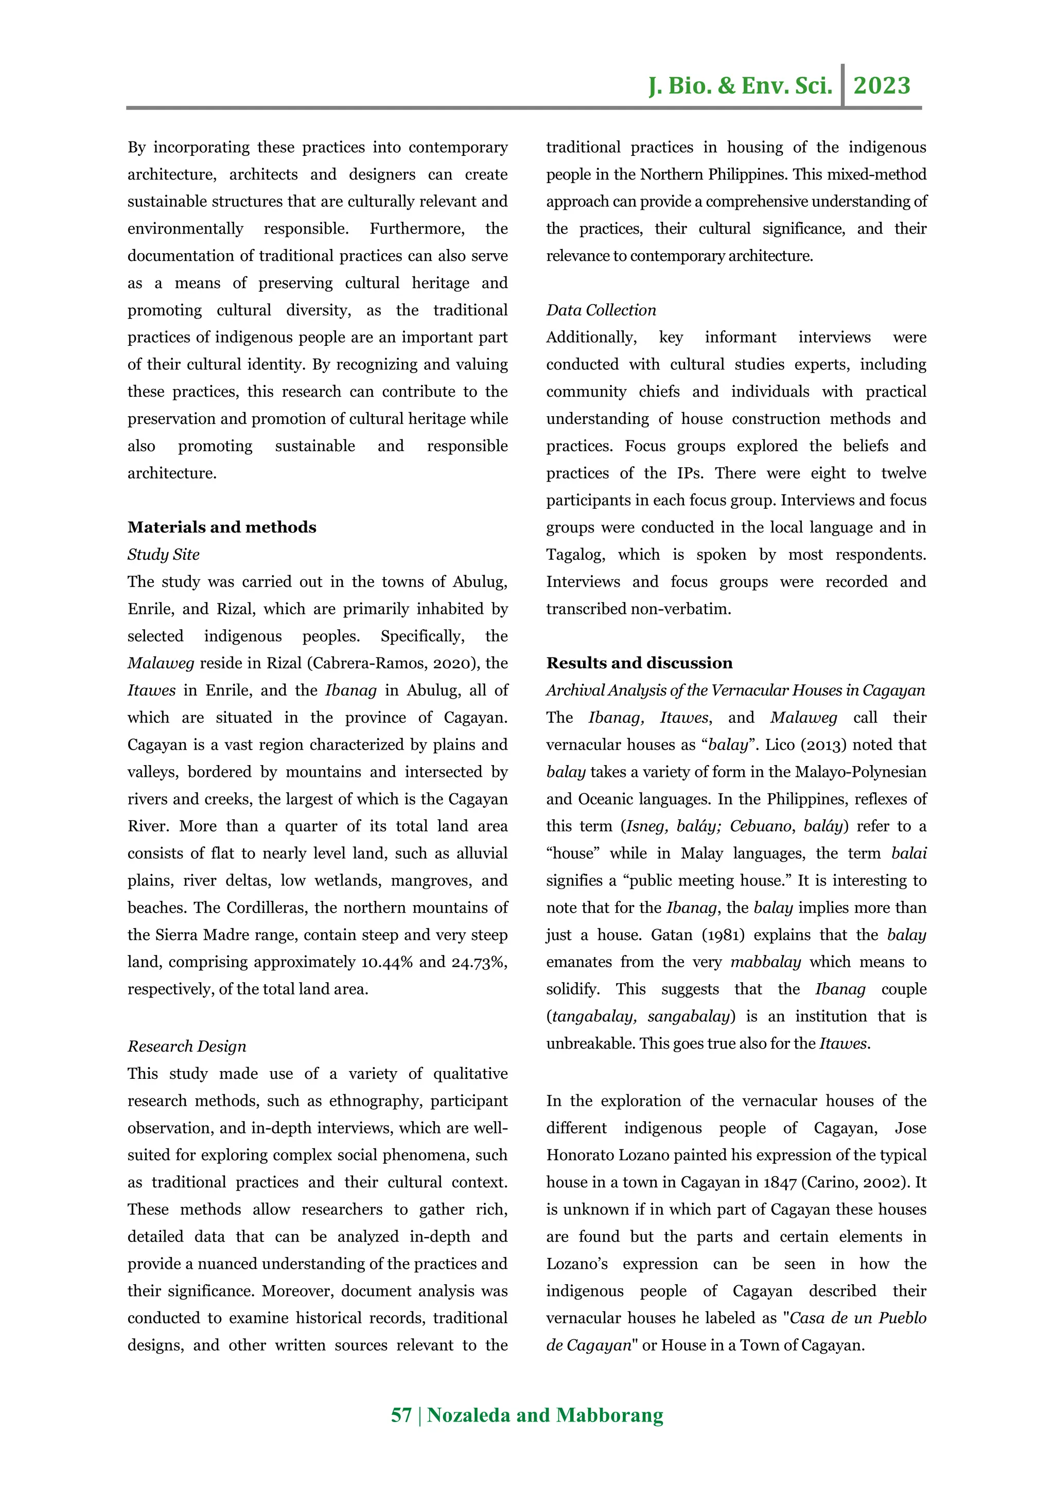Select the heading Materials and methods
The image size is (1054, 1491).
[x=221, y=527]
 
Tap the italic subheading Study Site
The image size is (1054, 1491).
[x=163, y=555]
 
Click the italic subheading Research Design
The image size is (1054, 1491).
[x=186, y=1046]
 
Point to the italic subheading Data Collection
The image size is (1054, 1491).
[x=601, y=310]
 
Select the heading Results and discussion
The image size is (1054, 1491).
[x=639, y=663]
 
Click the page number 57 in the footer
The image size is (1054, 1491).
[x=401, y=1415]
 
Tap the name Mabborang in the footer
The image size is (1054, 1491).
[x=610, y=1415]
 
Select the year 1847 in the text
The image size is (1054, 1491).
[x=779, y=1182]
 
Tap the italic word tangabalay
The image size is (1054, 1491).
[x=592, y=1016]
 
